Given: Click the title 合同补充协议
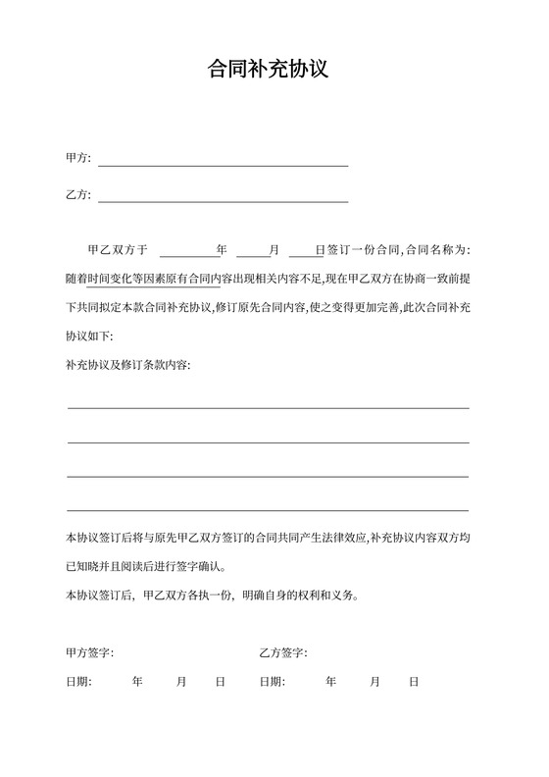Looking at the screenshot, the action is (x=274, y=71).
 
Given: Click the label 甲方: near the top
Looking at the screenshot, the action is (x=78, y=159).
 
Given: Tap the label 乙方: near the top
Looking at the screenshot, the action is (x=78, y=195).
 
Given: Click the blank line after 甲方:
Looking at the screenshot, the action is (x=223, y=164).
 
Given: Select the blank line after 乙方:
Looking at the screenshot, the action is (x=223, y=200).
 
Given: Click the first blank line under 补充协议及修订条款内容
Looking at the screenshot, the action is (x=268, y=406).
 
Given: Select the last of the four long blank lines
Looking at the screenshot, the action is (x=268, y=509).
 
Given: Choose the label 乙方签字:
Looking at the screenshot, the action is (x=284, y=652).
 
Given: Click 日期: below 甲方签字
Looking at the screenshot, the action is (x=78, y=681).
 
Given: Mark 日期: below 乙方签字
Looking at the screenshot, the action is (x=273, y=681).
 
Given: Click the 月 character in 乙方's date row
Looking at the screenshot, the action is (x=375, y=681).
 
